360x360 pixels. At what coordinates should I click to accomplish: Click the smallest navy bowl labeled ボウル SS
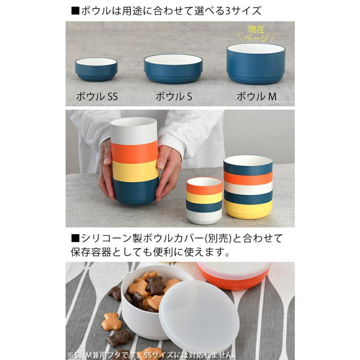point(96,70)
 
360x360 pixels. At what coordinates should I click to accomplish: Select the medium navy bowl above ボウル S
point(173,69)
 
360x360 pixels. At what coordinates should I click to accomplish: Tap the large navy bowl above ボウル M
point(256,64)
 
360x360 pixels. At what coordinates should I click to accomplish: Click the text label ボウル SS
point(96,96)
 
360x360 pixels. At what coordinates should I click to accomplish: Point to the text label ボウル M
point(256,96)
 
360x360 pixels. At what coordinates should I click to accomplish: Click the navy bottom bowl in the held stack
point(136,191)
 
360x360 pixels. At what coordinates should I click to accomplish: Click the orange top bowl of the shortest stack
point(204,186)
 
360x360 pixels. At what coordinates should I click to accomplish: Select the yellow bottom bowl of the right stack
point(248,209)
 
